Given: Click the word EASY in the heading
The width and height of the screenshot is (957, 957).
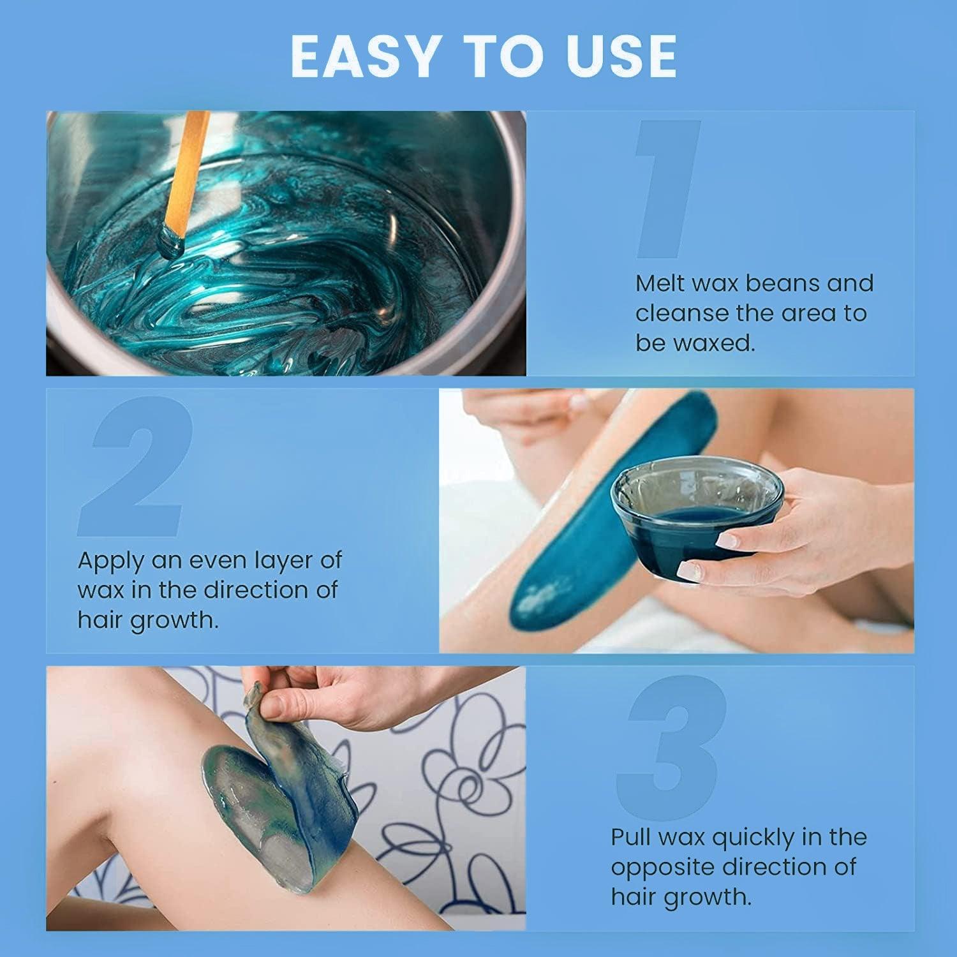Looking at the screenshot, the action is (x=364, y=57).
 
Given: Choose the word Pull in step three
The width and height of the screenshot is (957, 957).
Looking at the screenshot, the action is (x=632, y=836).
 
